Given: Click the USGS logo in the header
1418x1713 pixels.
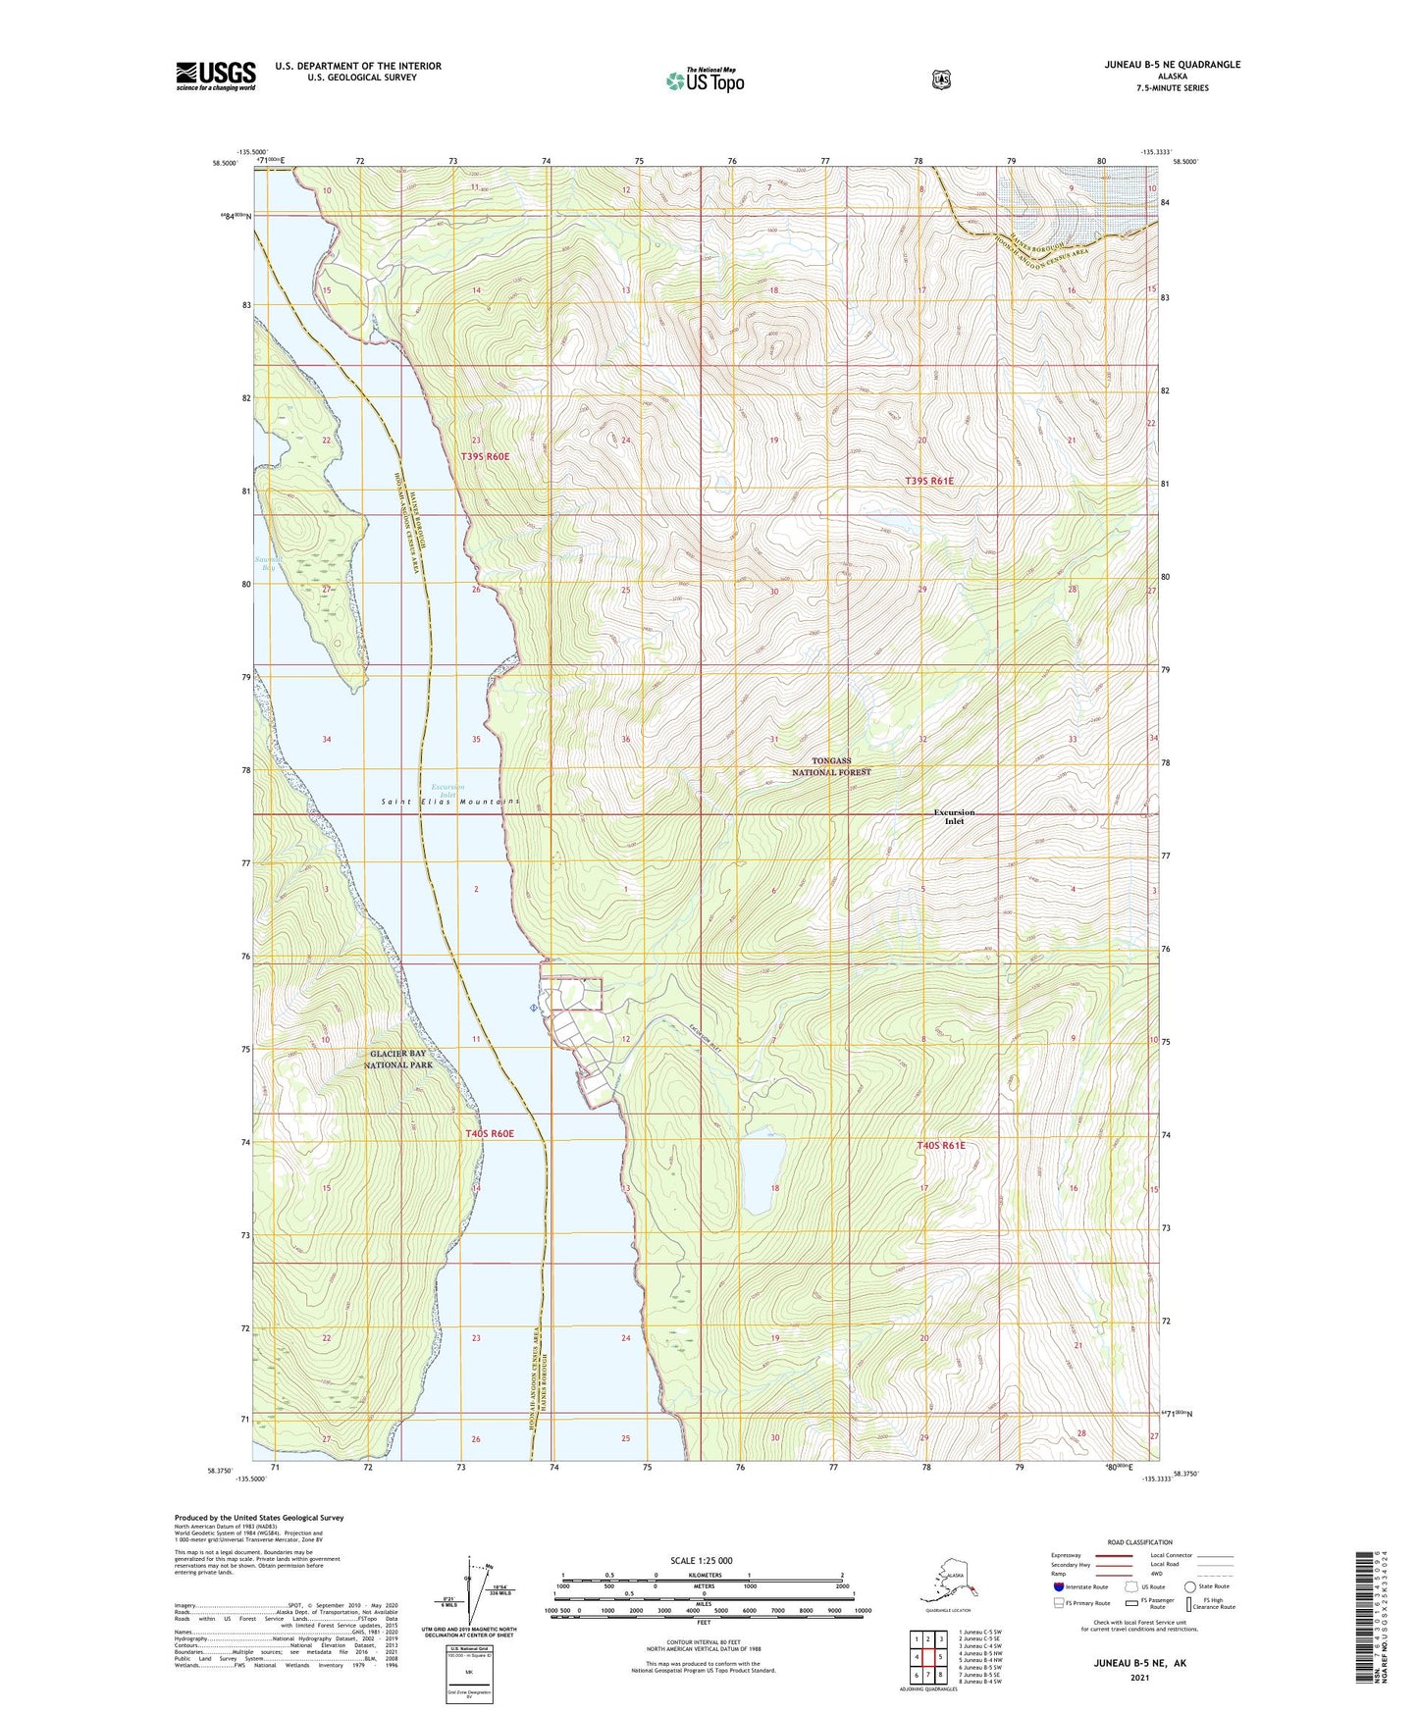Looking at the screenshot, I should pyautogui.click(x=216, y=76).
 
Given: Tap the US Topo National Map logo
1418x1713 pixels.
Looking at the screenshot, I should pyautogui.click(x=705, y=80).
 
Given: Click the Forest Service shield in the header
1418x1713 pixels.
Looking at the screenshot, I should pyautogui.click(x=941, y=79).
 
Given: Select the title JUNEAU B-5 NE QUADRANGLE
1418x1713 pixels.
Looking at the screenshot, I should pyautogui.click(x=1171, y=65).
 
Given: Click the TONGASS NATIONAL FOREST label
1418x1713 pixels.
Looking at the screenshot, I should pyautogui.click(x=831, y=766).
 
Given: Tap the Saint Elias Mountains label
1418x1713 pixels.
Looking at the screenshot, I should pyautogui.click(x=449, y=802).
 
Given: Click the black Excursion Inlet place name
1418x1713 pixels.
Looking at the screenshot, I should pyautogui.click(x=954, y=816).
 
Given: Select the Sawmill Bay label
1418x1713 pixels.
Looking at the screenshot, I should pyautogui.click(x=266, y=563).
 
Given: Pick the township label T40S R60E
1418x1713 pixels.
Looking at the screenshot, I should pyautogui.click(x=489, y=1133).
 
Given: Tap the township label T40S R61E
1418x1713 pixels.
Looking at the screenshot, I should pyautogui.click(x=941, y=1145).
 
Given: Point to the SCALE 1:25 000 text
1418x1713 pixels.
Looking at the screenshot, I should pyautogui.click(x=701, y=1560).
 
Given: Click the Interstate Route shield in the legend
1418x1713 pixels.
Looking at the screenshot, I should pyautogui.click(x=1059, y=1586).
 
